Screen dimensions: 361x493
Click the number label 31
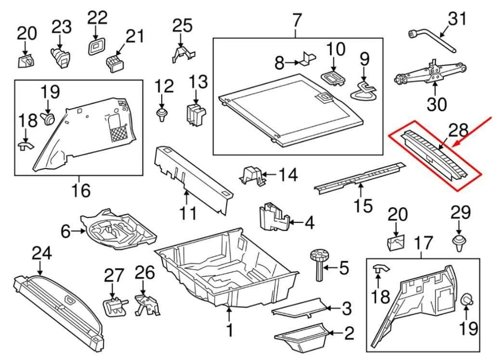tap(458, 19)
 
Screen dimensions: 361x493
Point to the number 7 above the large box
tap(296, 21)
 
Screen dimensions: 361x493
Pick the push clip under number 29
tap(459, 242)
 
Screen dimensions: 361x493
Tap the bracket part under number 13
tap(195, 114)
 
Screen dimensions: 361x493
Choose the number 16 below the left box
tap(81, 191)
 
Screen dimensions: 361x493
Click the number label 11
tap(188, 213)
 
